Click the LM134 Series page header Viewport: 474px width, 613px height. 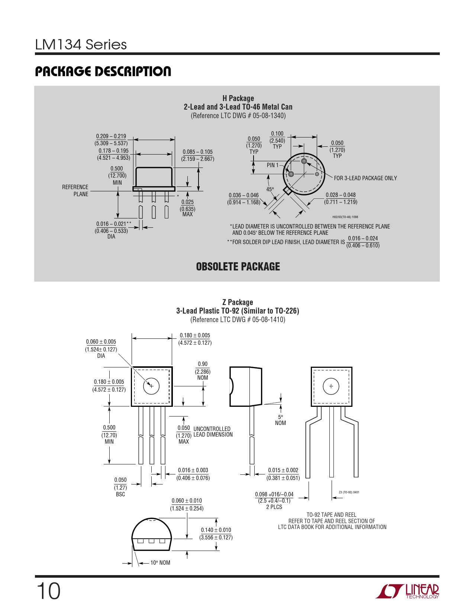point(81,45)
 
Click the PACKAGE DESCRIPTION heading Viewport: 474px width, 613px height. point(103,71)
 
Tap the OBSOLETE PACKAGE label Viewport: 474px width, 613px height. point(238,267)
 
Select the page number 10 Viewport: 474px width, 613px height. point(48,591)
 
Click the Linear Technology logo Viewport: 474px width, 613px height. point(407,591)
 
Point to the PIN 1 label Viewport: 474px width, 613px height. point(273,165)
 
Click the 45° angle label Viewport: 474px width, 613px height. point(270,189)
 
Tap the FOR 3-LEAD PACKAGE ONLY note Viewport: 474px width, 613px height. point(365,178)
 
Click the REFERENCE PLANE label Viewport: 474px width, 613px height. point(75,191)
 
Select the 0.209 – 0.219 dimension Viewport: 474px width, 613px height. point(111,136)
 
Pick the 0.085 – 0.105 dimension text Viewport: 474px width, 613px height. point(198,152)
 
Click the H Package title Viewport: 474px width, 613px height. point(238,98)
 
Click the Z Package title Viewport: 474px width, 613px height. point(238,302)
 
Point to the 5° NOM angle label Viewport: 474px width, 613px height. point(280,420)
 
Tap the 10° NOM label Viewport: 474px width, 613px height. point(160,563)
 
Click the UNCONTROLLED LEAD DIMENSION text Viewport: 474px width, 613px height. point(213,432)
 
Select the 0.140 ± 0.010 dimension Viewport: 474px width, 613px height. point(216,530)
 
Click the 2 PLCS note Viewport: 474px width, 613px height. point(274,507)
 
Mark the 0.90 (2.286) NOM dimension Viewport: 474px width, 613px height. point(203,371)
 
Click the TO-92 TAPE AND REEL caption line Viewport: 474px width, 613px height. point(332,515)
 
